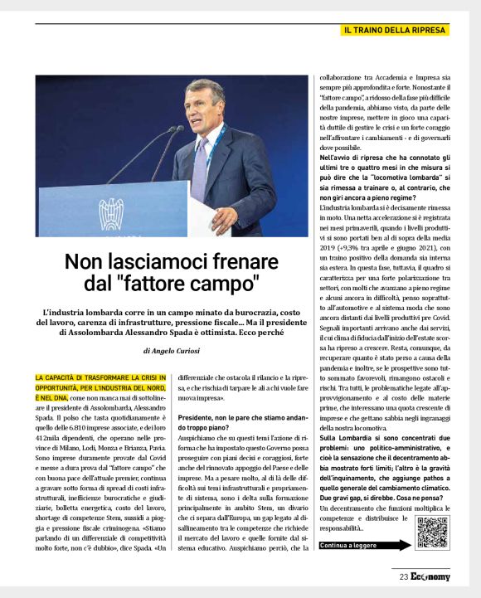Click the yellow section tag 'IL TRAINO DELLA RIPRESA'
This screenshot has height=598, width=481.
396,30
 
